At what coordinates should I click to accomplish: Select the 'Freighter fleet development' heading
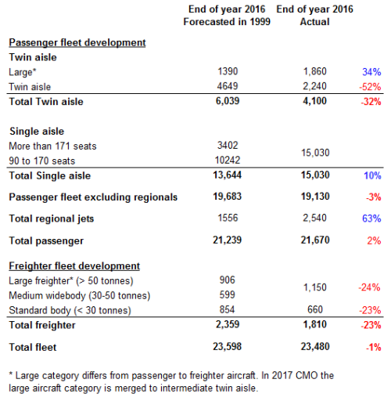[74, 266]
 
